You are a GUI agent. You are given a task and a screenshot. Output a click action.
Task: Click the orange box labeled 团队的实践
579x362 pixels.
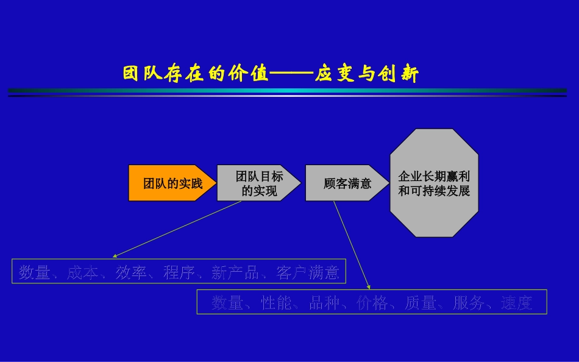click(172, 183)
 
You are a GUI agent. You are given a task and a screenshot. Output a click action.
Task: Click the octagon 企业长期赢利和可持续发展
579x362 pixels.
click(434, 183)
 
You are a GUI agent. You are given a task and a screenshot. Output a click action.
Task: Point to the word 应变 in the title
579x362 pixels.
click(331, 74)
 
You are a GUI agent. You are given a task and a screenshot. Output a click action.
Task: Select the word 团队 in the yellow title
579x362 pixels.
click(139, 74)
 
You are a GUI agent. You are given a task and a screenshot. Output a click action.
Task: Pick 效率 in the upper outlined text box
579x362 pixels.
click(131, 272)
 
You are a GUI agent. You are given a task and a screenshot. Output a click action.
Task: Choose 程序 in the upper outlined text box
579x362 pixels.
click(179, 272)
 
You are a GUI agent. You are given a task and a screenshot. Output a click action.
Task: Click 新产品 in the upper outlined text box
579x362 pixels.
click(235, 272)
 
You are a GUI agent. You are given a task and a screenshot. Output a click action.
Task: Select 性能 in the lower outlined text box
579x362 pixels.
click(277, 303)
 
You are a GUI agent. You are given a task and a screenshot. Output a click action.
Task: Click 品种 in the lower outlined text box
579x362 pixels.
click(324, 303)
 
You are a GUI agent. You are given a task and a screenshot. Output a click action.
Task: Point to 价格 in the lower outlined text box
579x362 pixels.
click(372, 303)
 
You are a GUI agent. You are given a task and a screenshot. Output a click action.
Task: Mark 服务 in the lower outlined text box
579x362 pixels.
click(469, 303)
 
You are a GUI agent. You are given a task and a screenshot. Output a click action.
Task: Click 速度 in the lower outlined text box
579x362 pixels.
click(517, 303)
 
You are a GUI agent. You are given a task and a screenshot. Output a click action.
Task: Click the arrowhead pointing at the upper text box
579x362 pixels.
click(115, 256)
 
